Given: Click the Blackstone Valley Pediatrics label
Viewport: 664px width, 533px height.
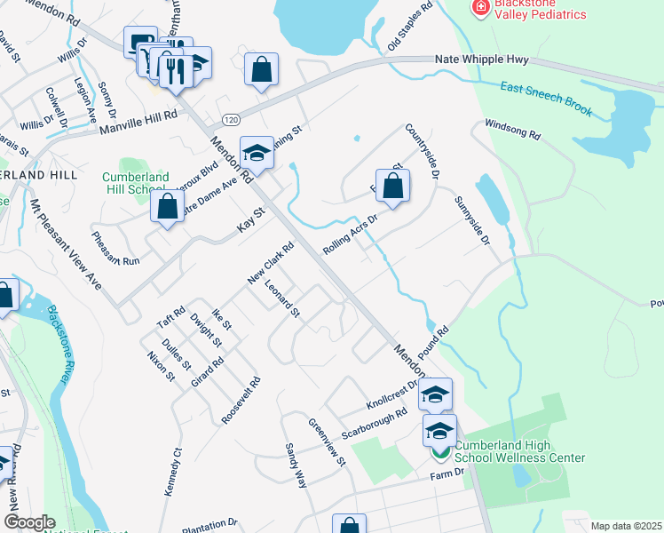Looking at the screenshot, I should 541,10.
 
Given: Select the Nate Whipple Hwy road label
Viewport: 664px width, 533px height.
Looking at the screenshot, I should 482,60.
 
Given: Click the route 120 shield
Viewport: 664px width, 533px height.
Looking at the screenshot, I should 231,119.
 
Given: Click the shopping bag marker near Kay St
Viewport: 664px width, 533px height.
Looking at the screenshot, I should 168,206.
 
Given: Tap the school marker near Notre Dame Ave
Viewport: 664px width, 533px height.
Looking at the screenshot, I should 257,154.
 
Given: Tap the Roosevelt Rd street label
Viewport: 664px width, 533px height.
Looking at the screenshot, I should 241,400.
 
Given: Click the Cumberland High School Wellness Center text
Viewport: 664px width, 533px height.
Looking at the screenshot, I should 519,451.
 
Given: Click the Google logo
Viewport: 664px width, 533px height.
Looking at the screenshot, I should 29,522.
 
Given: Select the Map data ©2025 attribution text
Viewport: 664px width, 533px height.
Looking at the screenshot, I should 625,526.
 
